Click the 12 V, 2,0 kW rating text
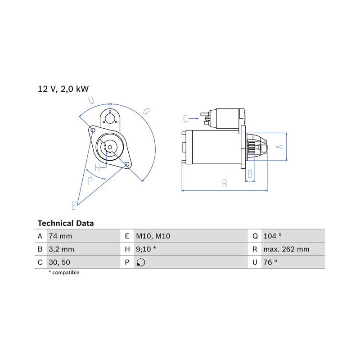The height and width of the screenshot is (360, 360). [x=63, y=89]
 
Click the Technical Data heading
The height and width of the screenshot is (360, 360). [x=66, y=223]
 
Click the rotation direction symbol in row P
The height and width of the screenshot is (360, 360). [x=141, y=262]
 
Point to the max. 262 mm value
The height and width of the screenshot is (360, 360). [x=286, y=249]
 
